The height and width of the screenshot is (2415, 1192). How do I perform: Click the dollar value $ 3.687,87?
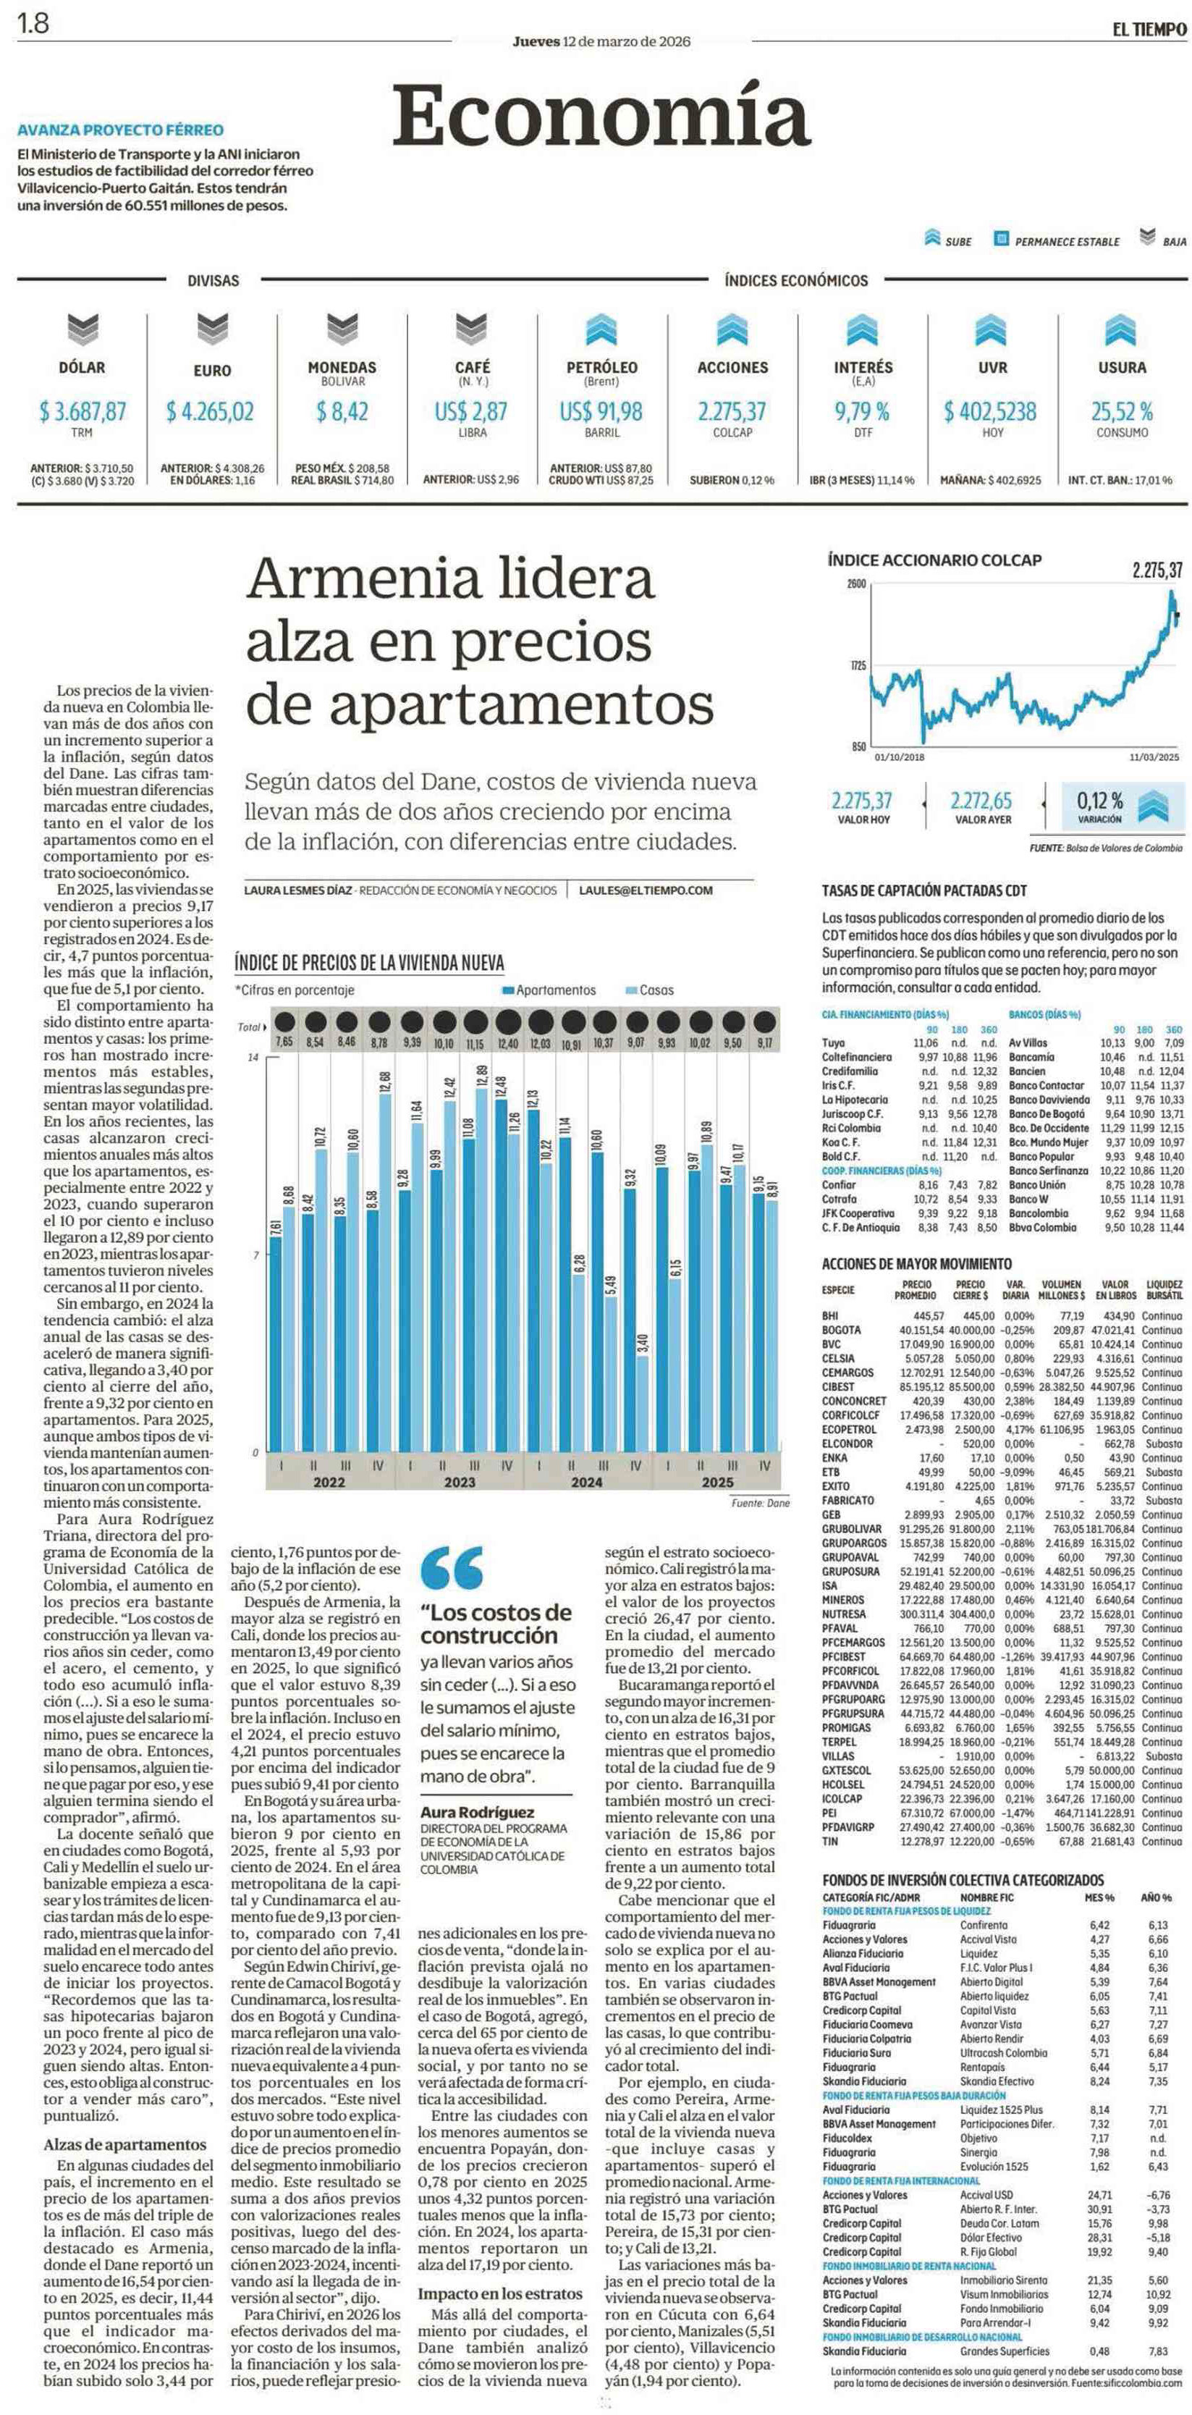[x=83, y=412]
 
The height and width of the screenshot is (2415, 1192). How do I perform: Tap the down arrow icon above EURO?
[x=213, y=327]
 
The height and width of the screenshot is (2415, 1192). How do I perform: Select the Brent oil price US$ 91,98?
[x=601, y=412]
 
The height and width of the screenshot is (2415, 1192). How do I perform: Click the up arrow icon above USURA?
[x=1121, y=329]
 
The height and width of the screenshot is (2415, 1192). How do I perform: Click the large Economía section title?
[x=601, y=114]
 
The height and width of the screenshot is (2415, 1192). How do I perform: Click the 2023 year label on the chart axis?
[x=459, y=1482]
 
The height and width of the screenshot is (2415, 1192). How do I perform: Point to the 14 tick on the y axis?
[x=252, y=1058]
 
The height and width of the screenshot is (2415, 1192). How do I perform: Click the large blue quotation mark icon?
[x=452, y=1567]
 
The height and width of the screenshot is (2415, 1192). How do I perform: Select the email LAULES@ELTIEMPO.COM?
[x=646, y=890]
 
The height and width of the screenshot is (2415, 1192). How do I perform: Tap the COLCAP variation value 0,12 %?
[x=1099, y=801]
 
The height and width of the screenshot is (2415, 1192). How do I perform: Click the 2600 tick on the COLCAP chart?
[x=856, y=584]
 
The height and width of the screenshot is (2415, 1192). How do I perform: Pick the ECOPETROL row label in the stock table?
[x=849, y=1429]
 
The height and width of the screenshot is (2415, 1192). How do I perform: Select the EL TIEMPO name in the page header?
[x=1149, y=29]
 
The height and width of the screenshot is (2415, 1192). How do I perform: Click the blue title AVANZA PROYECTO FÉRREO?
[x=121, y=130]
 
